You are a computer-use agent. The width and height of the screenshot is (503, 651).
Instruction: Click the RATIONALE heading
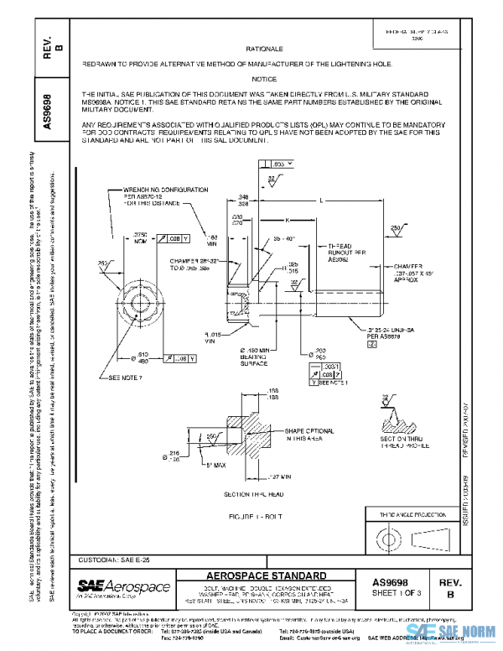(x=267, y=49)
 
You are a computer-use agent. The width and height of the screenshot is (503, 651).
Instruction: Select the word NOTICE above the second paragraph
(x=267, y=78)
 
